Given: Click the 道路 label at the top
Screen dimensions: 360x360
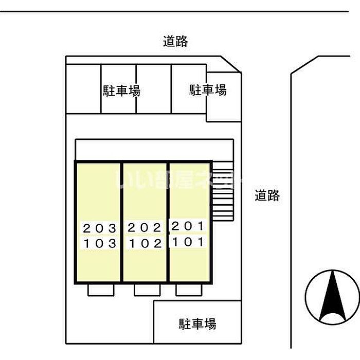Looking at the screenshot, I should pos(175,42).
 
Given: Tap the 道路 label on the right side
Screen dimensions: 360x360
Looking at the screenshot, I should pos(267,195).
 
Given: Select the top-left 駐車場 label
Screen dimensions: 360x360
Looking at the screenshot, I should pos(121,91).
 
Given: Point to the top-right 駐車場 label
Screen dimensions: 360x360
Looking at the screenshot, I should pos(208,90).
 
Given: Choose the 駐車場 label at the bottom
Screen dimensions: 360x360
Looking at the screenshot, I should pos(197,324).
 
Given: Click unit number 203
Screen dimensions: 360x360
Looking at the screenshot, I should pos(99,228).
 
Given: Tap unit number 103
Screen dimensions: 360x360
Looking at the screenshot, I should pos(99,243).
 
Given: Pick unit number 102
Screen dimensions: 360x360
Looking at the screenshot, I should pos(145,243).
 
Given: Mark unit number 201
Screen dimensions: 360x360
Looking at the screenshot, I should pos(188,226).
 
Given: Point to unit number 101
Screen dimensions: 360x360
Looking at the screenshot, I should pos(188,241).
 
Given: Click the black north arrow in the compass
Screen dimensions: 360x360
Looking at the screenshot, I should pos(332,296).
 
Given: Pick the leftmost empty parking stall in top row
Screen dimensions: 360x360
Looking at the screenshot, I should pos(83,88).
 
